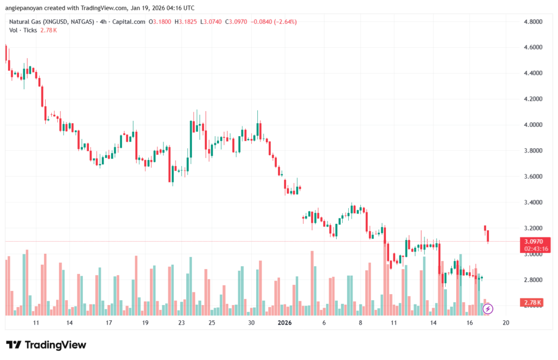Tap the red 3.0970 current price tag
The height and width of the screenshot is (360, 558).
532,242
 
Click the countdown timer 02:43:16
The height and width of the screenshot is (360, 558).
532,248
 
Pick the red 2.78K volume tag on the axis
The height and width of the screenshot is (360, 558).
532,302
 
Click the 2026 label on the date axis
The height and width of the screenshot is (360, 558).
285,323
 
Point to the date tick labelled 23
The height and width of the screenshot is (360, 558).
181,323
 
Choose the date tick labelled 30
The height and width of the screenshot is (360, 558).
251,323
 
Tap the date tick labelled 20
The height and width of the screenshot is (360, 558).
506,323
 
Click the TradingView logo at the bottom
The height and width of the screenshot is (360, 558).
46,345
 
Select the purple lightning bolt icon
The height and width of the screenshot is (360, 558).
488,309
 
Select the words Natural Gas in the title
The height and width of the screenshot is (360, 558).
24,22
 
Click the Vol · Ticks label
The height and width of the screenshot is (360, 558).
22,30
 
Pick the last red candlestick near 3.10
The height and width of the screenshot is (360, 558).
488,236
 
